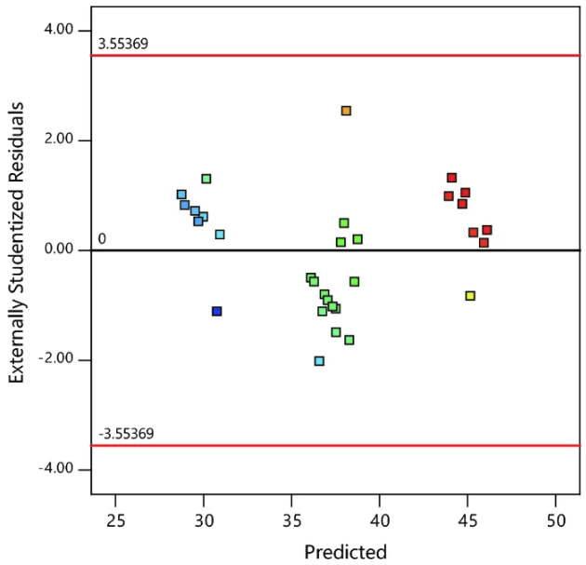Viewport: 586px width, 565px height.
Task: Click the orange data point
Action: pos(346,111)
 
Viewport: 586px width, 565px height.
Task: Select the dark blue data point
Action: pos(217,311)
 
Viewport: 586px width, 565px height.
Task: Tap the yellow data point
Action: pos(471,296)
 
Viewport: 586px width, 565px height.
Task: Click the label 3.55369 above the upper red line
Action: pos(123,44)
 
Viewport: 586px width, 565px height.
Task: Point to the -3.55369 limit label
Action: pos(126,434)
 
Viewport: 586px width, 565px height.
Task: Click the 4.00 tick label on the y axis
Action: pos(59,30)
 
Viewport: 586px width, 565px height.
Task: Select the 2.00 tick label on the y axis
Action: pos(59,140)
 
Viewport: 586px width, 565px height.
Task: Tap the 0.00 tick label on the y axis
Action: pos(59,249)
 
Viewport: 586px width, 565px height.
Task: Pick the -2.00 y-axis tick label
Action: pos(56,359)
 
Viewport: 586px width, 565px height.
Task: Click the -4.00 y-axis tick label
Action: pos(56,469)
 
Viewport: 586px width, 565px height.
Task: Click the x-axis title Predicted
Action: pos(345,550)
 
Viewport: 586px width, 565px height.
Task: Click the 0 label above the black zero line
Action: pos(101,239)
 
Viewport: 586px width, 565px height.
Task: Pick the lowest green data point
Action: pos(319,361)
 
